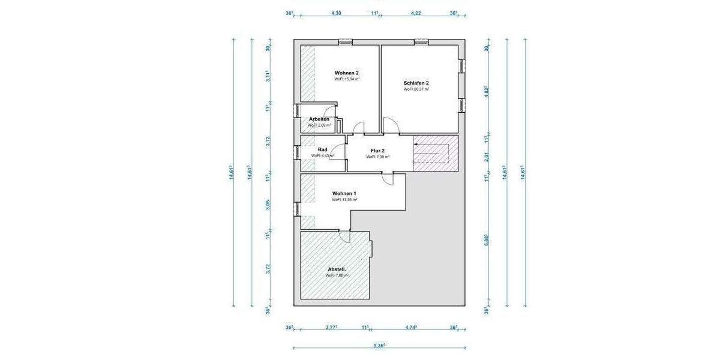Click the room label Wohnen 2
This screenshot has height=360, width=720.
coord(347,73)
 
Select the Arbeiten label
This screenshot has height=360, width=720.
coord(319,119)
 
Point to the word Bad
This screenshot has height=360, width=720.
coord(322,149)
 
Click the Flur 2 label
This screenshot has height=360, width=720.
coord(378,151)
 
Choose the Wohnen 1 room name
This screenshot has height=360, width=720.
coord(344,193)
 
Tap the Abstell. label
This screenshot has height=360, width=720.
coord(337,269)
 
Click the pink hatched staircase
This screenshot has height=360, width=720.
coord(436,153)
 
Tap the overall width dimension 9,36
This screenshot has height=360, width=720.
coord(379,346)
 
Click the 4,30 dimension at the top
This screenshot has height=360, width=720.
coord(337,13)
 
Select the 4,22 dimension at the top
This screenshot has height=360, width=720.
coord(415,13)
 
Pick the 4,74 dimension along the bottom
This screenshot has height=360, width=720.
coord(411,328)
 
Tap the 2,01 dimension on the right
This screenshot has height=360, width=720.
coord(487,157)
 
